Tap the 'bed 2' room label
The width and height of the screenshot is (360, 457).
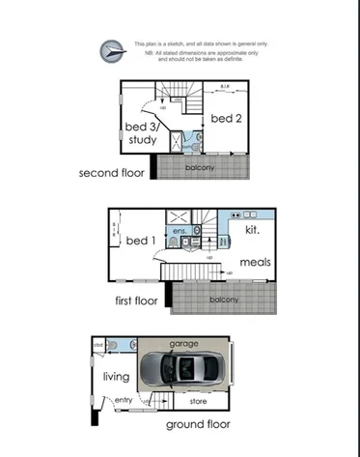(x=225, y=118)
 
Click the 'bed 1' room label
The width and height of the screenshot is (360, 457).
(x=141, y=240)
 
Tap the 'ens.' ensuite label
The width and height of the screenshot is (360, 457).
(x=180, y=232)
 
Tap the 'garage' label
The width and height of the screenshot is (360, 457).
(x=183, y=344)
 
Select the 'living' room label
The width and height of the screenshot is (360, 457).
(x=117, y=378)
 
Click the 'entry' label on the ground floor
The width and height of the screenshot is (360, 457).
(x=124, y=399)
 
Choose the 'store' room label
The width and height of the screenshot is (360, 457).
(x=199, y=399)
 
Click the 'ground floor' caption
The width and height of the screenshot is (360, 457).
(x=197, y=423)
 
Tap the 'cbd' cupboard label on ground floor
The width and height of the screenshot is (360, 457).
(x=98, y=344)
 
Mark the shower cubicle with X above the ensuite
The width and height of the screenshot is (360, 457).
(x=180, y=216)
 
